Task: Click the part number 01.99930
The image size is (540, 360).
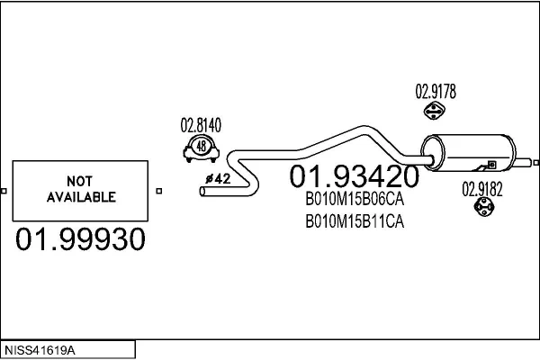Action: pos(80,238)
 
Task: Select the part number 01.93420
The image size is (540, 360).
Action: pos(355,176)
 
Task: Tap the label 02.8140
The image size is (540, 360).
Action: pos(201,125)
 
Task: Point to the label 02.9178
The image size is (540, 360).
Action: pos(436,92)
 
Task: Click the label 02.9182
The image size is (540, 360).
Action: pos(482,190)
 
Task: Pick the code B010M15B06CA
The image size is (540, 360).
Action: pos(355,199)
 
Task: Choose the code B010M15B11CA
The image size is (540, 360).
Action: pos(355,221)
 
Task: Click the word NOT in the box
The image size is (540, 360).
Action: pos(79,181)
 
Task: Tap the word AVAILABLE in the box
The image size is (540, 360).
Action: pos(81,197)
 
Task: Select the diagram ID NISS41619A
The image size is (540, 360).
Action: pos(40,351)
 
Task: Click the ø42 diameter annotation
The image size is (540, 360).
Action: pos(218,179)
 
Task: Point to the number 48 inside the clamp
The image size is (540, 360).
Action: pos(201,146)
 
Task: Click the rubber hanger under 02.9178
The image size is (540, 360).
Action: pos(434,111)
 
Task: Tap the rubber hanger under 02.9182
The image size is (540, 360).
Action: pos(484,207)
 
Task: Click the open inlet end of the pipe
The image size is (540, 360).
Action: pos(202,191)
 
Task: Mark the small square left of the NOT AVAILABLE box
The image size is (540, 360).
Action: pos(4,191)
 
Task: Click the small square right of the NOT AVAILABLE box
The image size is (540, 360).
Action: pos(158,191)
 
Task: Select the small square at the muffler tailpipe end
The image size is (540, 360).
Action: pos(536,163)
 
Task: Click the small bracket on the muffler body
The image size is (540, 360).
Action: pos(492,165)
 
